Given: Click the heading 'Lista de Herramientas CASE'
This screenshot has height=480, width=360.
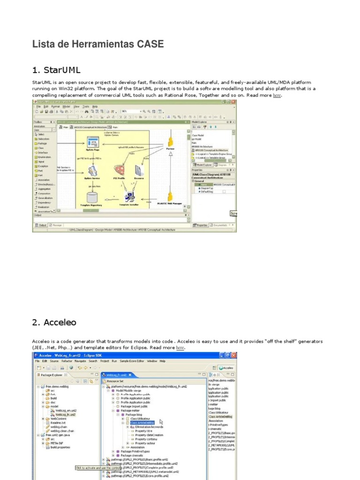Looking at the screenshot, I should click(98, 45).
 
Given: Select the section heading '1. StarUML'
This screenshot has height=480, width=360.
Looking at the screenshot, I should click(56, 70).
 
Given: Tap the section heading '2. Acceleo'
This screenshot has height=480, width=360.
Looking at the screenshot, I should click(54, 322).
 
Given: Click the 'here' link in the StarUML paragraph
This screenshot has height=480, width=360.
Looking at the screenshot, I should click(277, 95).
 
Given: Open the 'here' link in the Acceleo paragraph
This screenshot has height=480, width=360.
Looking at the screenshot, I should click(180, 348).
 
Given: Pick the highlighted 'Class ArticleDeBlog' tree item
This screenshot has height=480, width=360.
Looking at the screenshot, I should click(142, 423).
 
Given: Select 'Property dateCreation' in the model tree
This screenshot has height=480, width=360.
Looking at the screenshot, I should click(149, 435).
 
